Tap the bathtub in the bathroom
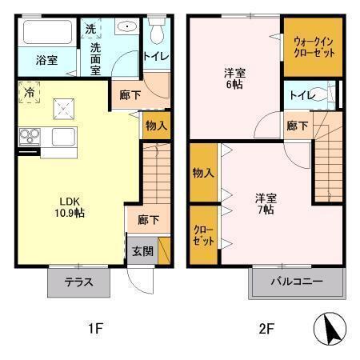[x=46, y=34]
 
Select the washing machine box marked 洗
[x=90, y=28]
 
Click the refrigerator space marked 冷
[x=29, y=93]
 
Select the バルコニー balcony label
[x=297, y=281]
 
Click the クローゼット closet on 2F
[x=203, y=234]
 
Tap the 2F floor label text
[x=266, y=328]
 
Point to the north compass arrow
[x=330, y=328]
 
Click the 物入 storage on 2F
[x=203, y=172]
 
